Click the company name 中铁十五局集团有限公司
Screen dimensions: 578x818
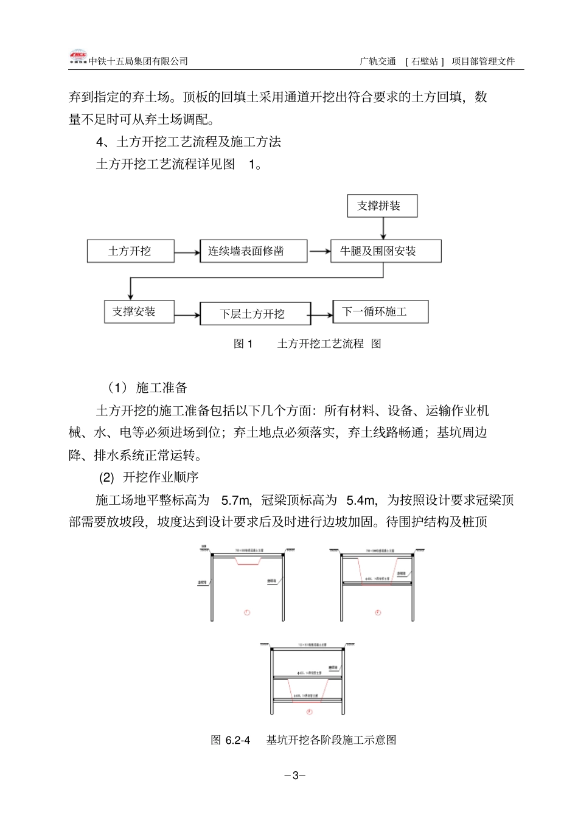[138, 61]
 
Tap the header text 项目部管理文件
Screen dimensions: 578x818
[484, 61]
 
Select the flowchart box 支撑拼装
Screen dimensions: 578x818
[382, 206]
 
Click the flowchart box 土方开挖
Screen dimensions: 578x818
[130, 251]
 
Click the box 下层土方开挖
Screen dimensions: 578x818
[255, 314]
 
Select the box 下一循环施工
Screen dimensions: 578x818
[380, 311]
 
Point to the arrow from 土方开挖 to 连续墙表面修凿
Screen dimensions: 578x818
[187, 251]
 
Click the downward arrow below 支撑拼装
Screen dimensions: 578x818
[383, 229]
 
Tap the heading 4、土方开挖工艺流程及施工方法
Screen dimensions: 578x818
[189, 142]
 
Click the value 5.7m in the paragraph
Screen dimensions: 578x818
[236, 500]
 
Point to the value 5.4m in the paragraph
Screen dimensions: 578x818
[361, 500]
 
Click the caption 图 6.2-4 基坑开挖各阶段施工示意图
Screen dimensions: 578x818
[303, 740]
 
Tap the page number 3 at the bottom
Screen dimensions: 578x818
[295, 775]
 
